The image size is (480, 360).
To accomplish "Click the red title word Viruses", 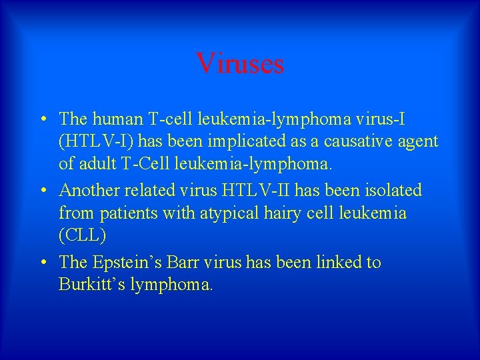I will tap(240, 64).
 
